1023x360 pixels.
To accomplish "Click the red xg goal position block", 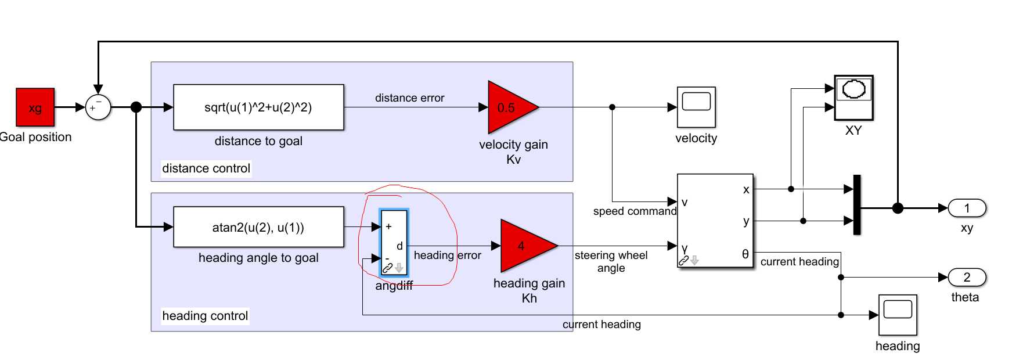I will coord(35,107).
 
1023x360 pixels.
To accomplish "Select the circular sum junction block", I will coord(98,107).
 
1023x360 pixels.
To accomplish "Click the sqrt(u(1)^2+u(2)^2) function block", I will coord(258,107).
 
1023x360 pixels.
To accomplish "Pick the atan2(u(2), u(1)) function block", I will coord(258,227).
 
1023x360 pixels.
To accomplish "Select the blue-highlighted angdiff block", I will coord(394,243).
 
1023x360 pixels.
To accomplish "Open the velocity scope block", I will coord(696,107).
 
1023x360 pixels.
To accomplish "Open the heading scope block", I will coord(898,315).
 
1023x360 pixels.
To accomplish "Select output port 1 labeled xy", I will coord(967,208).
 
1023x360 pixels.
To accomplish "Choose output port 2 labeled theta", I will coord(967,278).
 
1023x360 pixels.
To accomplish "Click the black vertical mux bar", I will coord(857,205).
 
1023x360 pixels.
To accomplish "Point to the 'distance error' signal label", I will coord(409,98).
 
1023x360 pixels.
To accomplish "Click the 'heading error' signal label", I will coord(447,255).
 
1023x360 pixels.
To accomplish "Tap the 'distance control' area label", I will coord(206,168).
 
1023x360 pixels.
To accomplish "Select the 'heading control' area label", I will coord(205,316).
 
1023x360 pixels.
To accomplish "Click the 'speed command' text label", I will coord(635,211).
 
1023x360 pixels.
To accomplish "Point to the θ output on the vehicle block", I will coord(745,254).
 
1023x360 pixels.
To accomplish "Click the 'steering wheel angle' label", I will coord(611,261).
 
